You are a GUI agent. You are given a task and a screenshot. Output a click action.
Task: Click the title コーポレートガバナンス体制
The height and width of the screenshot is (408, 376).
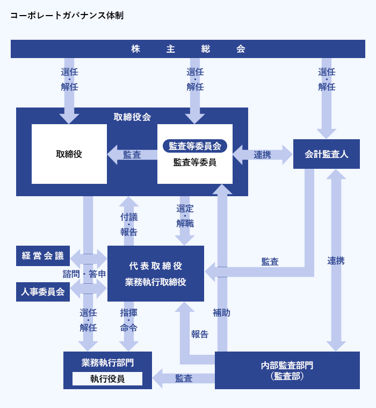(67, 16)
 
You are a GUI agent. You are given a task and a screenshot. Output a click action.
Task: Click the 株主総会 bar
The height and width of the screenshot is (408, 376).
(188, 49)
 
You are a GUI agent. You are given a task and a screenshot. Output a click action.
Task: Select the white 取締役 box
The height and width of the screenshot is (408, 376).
(69, 154)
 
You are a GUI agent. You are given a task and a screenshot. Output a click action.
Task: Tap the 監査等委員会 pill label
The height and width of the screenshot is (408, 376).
(195, 146)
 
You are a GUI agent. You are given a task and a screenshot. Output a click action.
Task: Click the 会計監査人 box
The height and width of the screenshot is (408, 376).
(327, 154)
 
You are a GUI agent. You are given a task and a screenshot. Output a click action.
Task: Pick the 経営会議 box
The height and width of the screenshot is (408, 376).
(43, 256)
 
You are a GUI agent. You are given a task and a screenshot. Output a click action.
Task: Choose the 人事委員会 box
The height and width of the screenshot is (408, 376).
(43, 292)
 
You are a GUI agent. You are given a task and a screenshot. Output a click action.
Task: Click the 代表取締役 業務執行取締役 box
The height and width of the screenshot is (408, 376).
(156, 274)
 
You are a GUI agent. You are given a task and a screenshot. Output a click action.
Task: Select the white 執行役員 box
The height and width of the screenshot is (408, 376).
(107, 379)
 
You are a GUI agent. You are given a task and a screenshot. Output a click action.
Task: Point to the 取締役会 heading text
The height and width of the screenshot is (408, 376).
(132, 117)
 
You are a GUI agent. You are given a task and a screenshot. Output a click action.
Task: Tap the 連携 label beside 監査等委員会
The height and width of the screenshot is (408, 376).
(263, 155)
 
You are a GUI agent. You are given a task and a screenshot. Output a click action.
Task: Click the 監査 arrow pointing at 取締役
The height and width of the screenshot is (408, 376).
(132, 155)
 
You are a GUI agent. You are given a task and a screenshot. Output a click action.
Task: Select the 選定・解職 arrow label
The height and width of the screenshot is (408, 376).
(185, 216)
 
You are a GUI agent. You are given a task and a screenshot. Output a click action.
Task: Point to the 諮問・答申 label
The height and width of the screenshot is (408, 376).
(84, 274)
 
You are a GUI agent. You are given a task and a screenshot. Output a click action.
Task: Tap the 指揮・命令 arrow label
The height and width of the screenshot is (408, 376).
(129, 320)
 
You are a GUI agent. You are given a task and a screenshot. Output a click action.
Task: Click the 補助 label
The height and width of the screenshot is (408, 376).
(221, 312)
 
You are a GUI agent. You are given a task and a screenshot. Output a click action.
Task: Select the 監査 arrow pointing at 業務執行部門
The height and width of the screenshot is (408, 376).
(184, 378)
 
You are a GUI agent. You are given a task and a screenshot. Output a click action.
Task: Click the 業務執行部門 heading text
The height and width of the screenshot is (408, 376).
(108, 362)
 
